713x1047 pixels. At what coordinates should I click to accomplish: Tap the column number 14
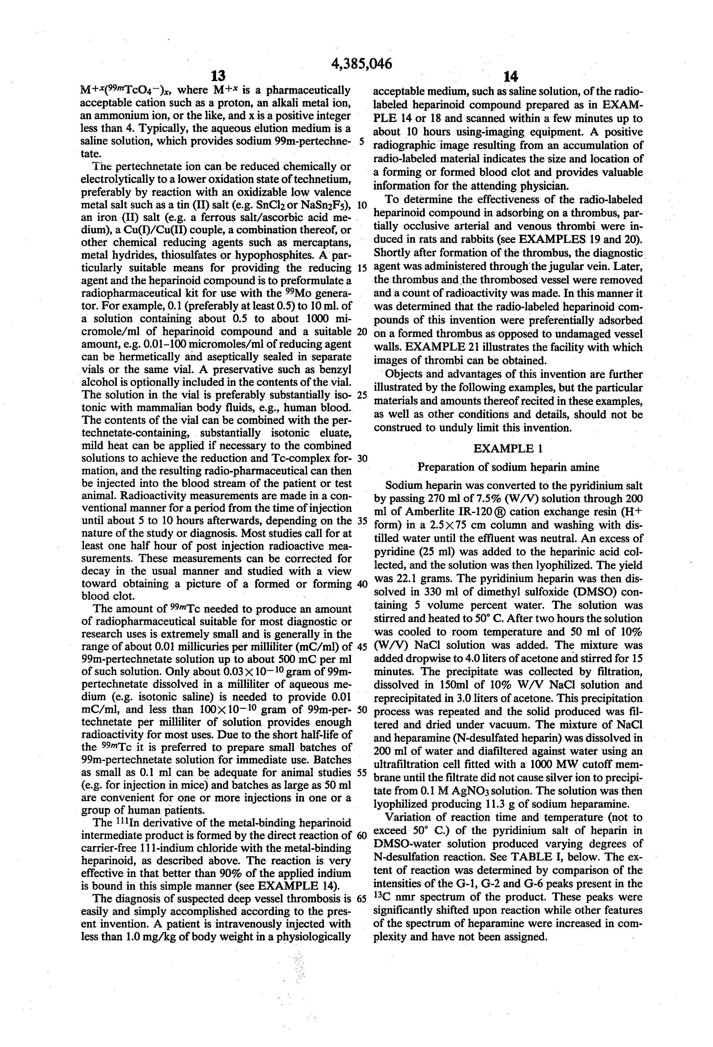pyautogui.click(x=510, y=76)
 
